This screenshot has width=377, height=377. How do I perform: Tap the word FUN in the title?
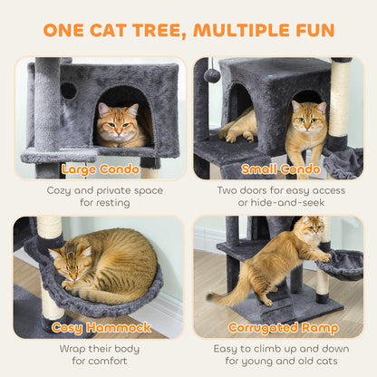[x=305, y=30]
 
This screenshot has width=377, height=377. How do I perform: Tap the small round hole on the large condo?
[x=69, y=91]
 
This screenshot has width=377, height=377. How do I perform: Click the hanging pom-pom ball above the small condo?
[x=212, y=75]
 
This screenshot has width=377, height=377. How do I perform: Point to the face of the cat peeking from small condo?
[x=309, y=121]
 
